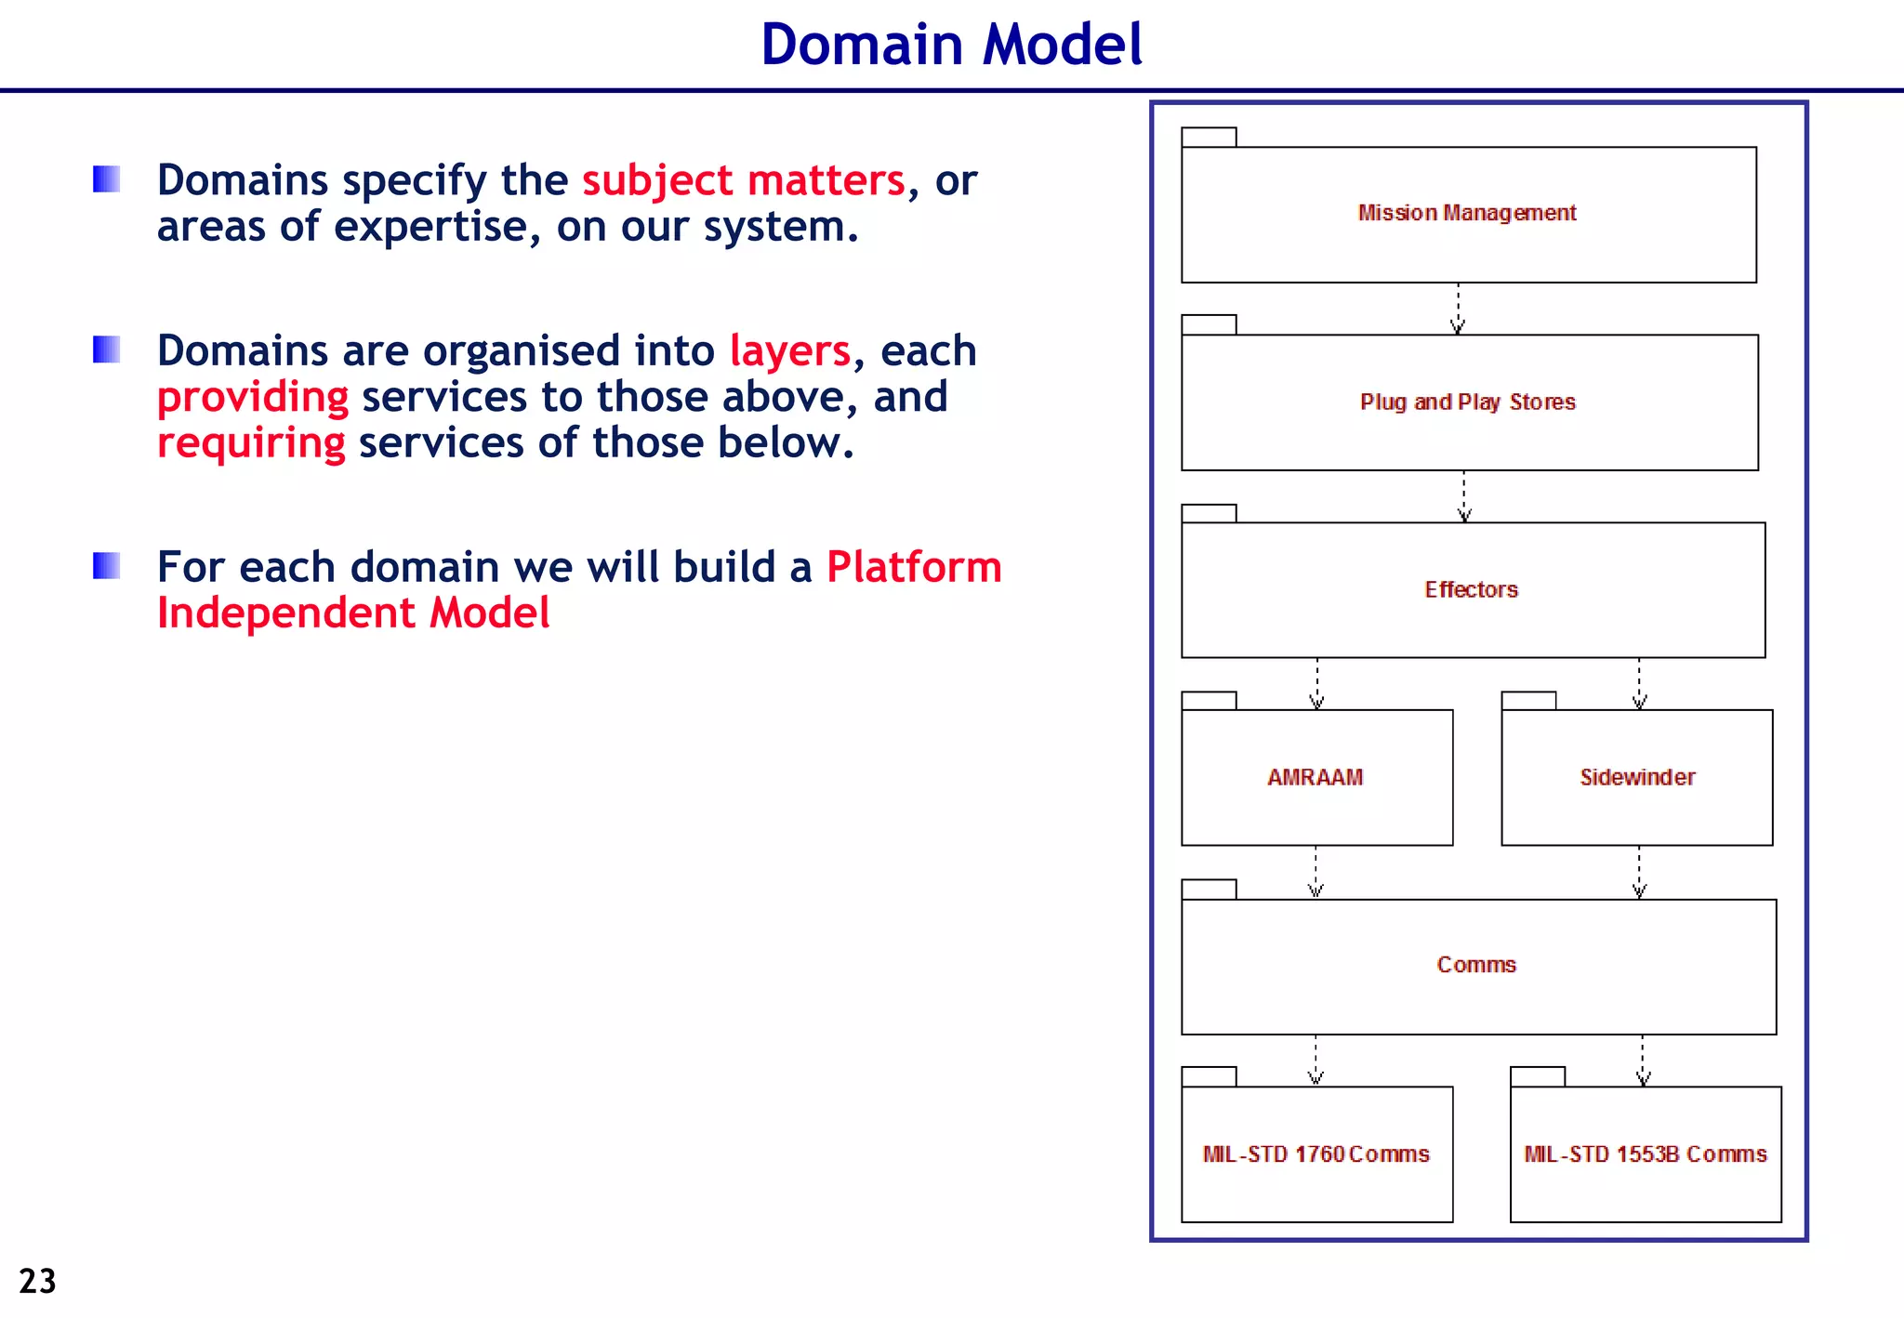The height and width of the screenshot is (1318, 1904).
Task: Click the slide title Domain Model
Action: tap(951, 45)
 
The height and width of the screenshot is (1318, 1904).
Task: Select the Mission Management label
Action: tap(1467, 213)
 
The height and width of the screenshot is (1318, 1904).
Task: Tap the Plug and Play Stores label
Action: tap(1467, 402)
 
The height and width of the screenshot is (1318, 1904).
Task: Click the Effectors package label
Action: tap(1471, 589)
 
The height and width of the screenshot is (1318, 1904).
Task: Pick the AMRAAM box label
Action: tap(1315, 777)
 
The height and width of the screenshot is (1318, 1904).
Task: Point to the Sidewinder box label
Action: tap(1637, 777)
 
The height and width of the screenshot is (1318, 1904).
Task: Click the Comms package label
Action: tap(1476, 965)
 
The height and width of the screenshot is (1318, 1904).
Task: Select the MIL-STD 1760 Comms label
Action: tap(1316, 1154)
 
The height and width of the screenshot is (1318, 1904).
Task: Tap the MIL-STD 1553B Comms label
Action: tap(1645, 1154)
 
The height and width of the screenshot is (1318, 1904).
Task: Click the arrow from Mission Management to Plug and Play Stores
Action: tap(1458, 309)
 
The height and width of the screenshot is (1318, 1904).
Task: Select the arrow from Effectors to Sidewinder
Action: tap(1639, 684)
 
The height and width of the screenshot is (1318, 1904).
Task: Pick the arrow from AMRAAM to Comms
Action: tap(1316, 872)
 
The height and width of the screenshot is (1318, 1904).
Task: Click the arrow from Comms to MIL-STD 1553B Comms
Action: tap(1643, 1061)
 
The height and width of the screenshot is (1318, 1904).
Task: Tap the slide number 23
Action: tap(37, 1281)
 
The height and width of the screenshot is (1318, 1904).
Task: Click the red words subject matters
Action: tap(744, 180)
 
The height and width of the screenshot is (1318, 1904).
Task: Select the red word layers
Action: tap(789, 351)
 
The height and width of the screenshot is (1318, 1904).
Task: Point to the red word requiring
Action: tap(251, 442)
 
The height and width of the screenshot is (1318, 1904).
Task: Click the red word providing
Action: tap(253, 397)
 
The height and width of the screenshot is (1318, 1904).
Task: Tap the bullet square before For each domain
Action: tap(107, 565)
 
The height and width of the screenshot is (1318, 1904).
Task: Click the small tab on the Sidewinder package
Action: tap(1528, 700)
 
